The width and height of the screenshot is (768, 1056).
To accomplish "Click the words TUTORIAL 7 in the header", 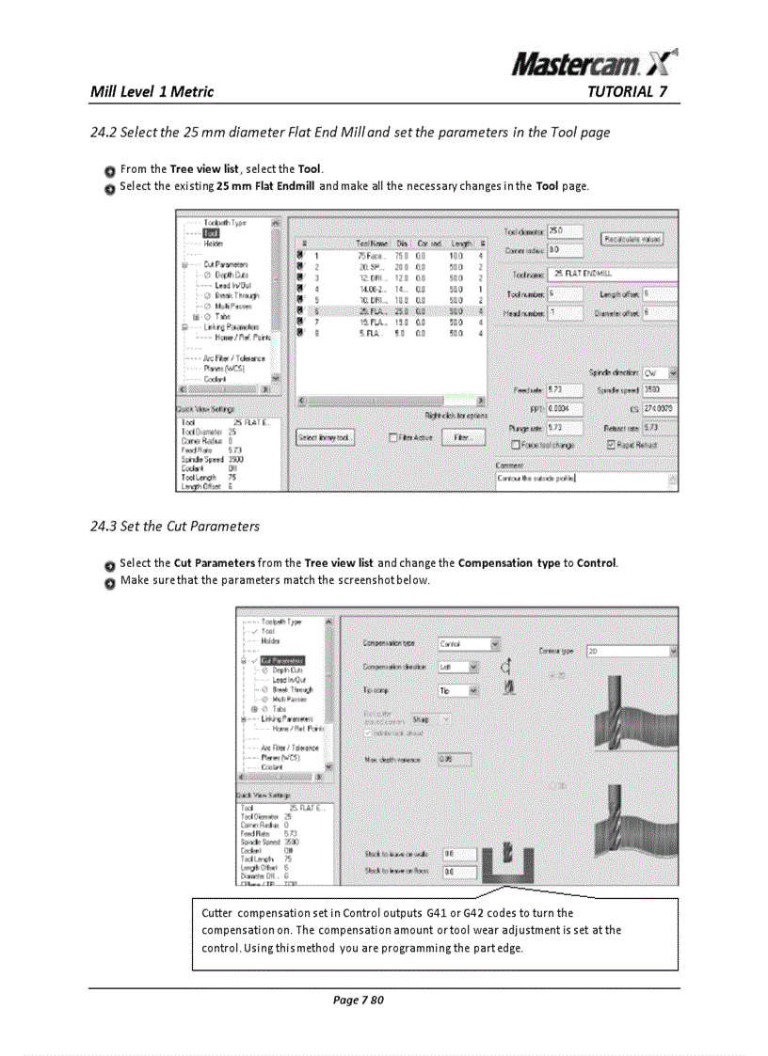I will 626,92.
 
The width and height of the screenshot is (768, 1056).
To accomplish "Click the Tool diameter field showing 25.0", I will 564,230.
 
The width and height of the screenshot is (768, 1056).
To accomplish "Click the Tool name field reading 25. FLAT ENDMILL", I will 612,274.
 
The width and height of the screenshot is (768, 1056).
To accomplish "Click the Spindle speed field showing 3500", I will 657,389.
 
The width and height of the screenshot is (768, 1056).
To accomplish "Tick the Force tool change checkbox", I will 515,445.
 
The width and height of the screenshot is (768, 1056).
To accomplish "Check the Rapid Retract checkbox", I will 612,445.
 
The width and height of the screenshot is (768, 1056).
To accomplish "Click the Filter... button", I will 461,437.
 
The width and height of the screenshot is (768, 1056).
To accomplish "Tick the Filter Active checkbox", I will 394,437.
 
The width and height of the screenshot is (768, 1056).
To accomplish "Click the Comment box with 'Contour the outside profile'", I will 584,479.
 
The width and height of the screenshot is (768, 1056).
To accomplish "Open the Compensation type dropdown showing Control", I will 468,644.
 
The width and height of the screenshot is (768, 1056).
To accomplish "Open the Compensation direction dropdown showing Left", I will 459,667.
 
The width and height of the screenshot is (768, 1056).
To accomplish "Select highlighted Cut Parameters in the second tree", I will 282,660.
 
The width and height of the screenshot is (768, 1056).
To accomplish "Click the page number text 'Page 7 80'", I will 359,1000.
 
